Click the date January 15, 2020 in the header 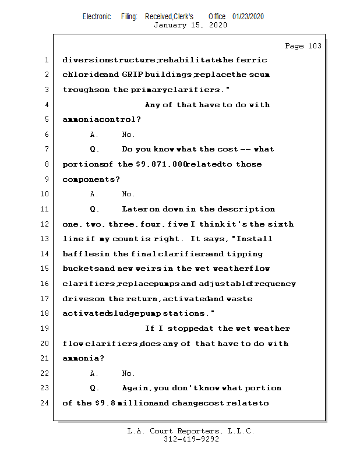click(x=190, y=25)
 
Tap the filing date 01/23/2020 click(x=248, y=16)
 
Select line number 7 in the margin click(x=47, y=149)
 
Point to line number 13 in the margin click(x=45, y=239)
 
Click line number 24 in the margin click(x=45, y=403)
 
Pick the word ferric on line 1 click(x=252, y=60)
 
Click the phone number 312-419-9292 click(x=191, y=440)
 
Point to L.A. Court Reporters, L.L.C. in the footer click(x=191, y=432)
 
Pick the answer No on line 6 click(x=128, y=135)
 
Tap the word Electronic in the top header click(x=97, y=16)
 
